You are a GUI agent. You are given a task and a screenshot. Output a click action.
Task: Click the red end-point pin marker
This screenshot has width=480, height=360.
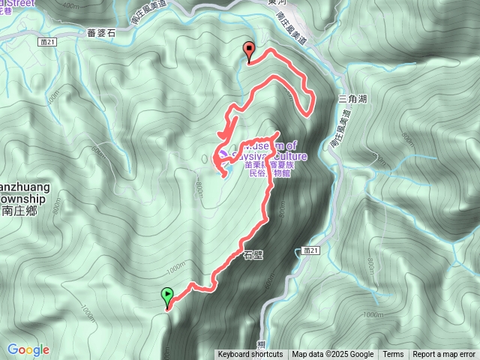click(248, 52)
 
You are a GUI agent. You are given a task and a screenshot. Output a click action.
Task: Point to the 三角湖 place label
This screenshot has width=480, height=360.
click(352, 98)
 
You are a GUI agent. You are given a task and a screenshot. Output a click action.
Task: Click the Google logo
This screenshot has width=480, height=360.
click(28, 349)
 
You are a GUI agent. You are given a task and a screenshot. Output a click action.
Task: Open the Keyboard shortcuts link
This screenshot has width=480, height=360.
click(250, 355)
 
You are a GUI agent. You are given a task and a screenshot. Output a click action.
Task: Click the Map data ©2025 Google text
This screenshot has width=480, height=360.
click(332, 355)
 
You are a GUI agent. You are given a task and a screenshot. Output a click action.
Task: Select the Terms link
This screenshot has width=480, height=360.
click(393, 355)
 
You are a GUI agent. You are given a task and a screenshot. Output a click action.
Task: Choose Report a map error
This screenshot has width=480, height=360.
click(444, 355)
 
